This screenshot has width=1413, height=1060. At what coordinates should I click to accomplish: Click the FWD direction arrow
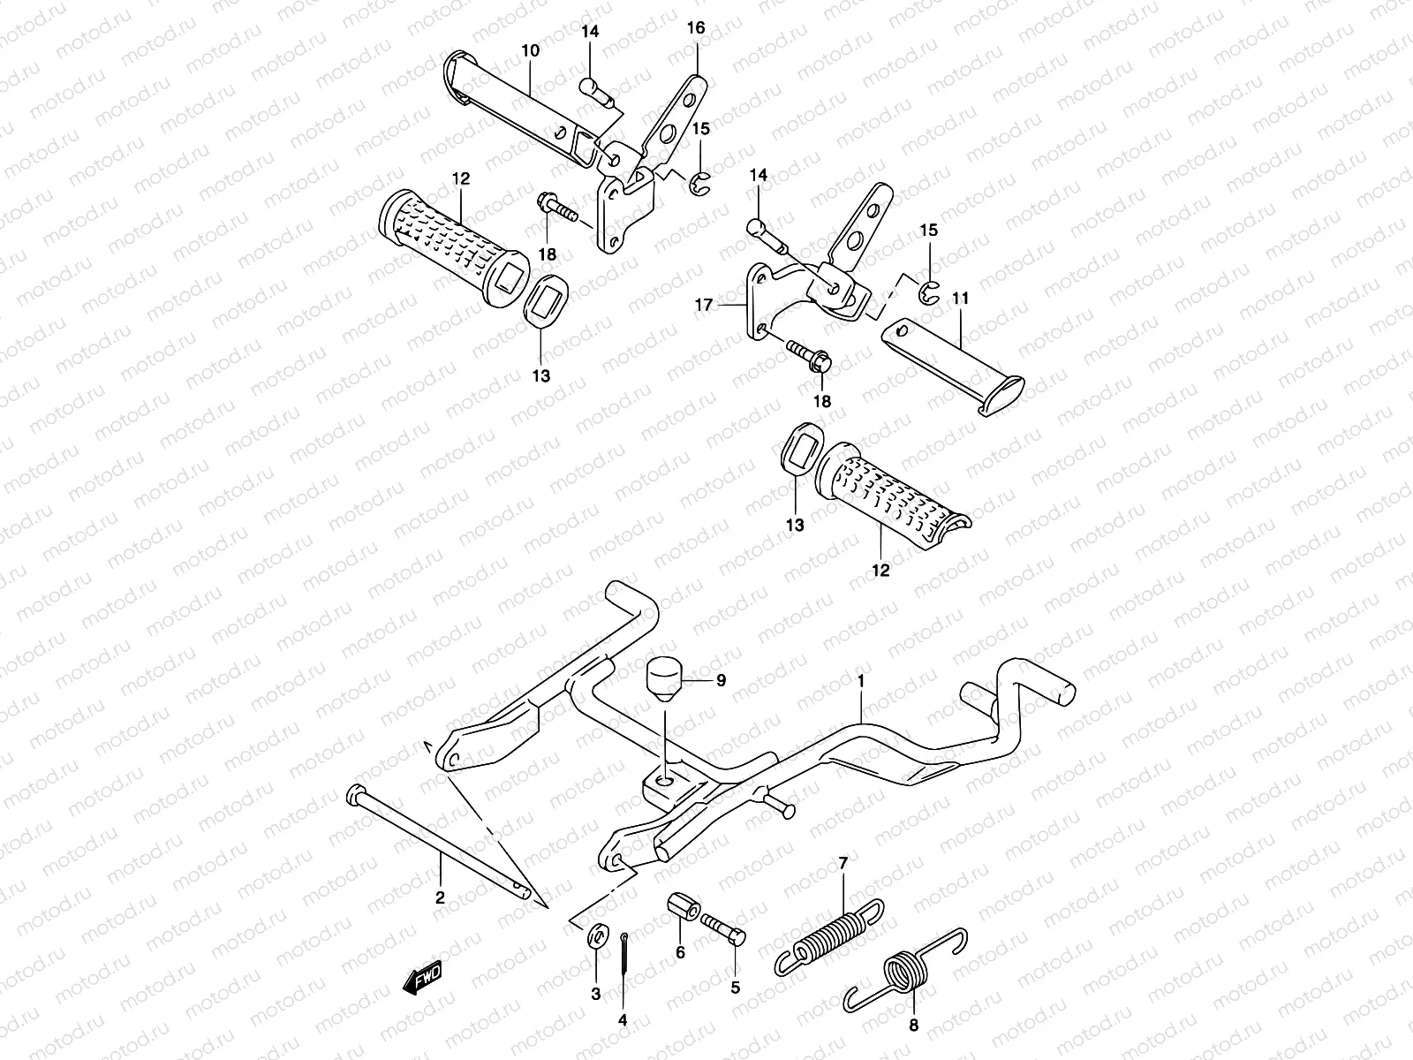coord(422,978)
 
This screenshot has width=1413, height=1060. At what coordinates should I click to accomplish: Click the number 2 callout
coord(440,897)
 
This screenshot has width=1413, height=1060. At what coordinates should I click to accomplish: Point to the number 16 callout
coord(696,28)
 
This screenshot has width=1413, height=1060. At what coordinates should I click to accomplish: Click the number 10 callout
coord(530,50)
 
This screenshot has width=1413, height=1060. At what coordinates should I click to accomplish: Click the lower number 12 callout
coord(880,570)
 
